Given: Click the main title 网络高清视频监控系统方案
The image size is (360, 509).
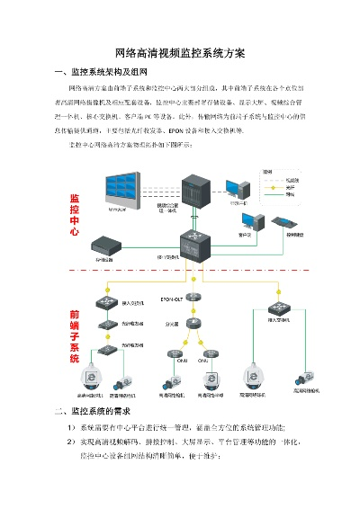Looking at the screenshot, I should (x=181, y=53).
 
